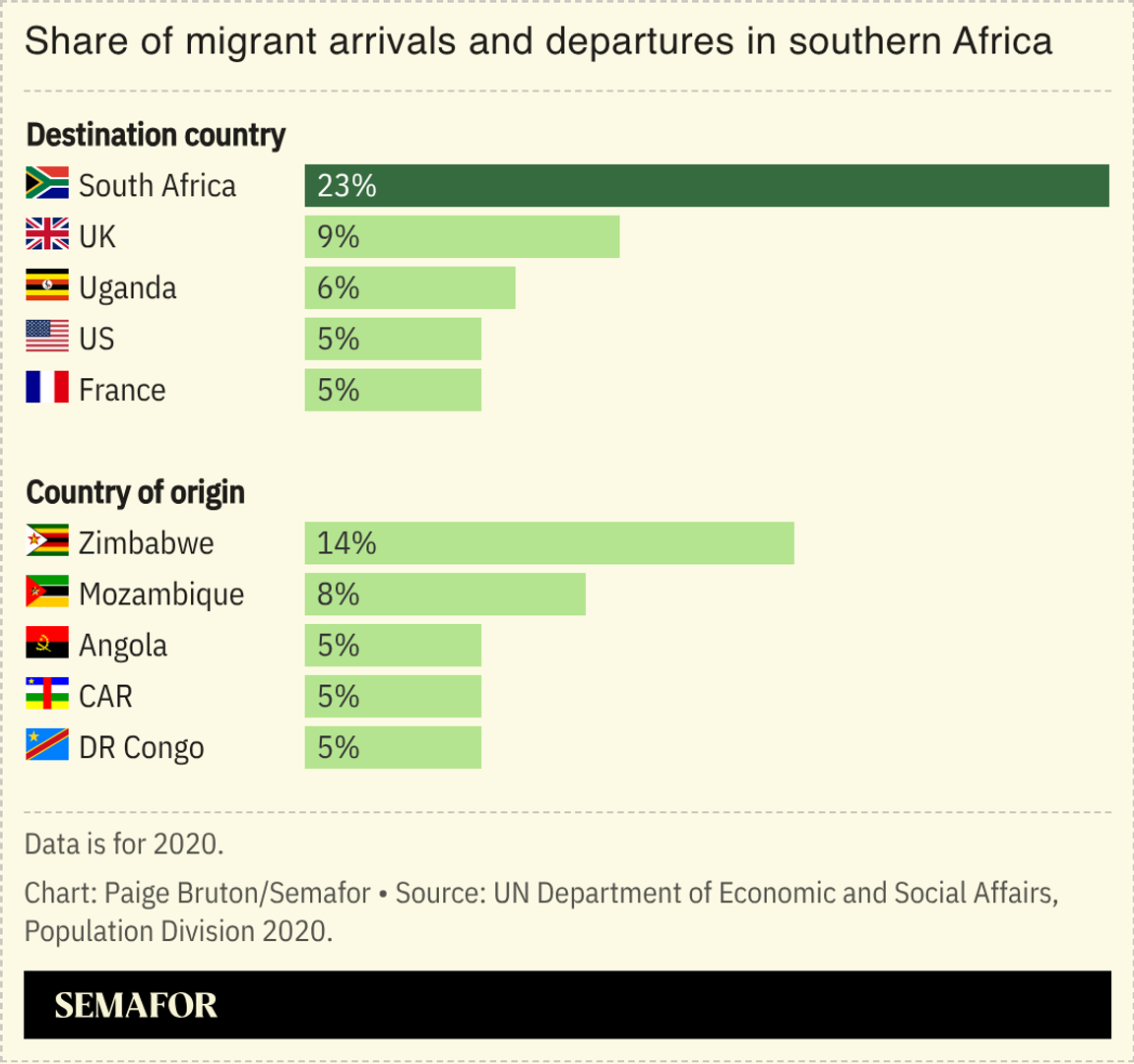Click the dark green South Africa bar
tap(707, 186)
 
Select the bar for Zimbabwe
tap(549, 543)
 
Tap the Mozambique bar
tap(445, 595)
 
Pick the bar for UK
tap(462, 237)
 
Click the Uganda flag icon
tap(47, 287)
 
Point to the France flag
tap(47, 389)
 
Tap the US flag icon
tap(47, 338)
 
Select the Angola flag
tap(47, 645)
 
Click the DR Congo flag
tap(47, 746)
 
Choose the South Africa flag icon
tap(47, 185)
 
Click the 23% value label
tap(346, 186)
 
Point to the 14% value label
tap(346, 543)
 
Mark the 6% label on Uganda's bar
tap(339, 288)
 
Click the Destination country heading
tap(156, 135)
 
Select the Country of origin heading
tap(135, 492)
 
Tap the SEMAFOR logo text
tap(136, 1005)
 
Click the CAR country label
tap(105, 697)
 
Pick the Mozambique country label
tap(161, 595)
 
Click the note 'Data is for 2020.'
tap(124, 844)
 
